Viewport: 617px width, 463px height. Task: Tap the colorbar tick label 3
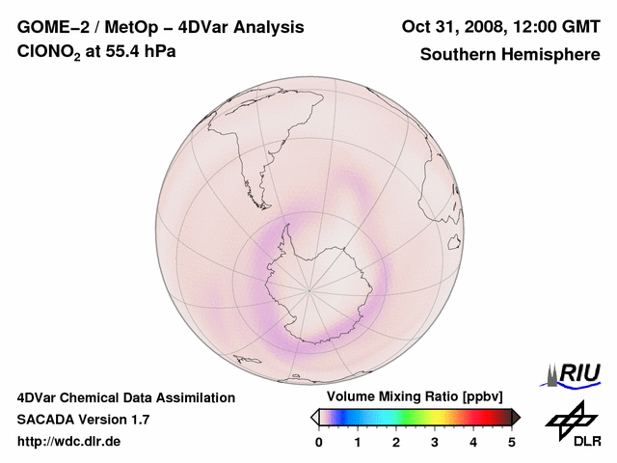435,442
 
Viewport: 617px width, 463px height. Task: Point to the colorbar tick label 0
319,442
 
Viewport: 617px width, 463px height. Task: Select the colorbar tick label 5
512,442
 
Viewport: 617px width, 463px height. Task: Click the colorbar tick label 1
358,442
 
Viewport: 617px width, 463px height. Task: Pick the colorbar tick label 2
396,442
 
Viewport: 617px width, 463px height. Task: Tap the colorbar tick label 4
473,442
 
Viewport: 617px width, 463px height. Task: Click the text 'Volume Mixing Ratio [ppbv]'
415,397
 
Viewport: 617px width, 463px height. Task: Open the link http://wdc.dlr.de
69,442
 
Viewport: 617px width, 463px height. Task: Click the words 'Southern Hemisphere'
509,54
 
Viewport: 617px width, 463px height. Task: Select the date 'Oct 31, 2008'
450,27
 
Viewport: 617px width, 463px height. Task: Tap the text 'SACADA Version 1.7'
83,420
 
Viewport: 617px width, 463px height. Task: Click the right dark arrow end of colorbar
516,417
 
